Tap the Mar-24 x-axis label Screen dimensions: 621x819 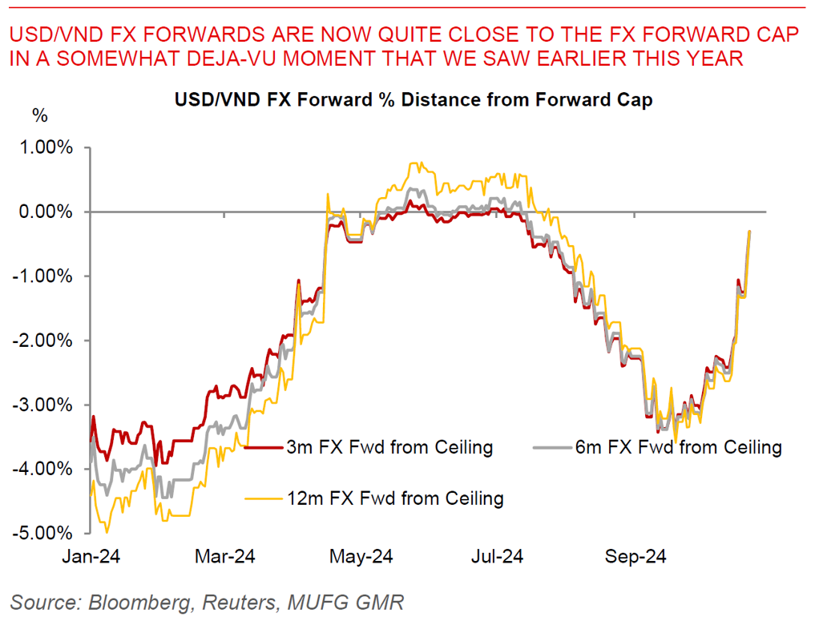225,556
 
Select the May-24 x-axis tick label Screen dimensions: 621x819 361,556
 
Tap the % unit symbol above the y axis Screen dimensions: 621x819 39,115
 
